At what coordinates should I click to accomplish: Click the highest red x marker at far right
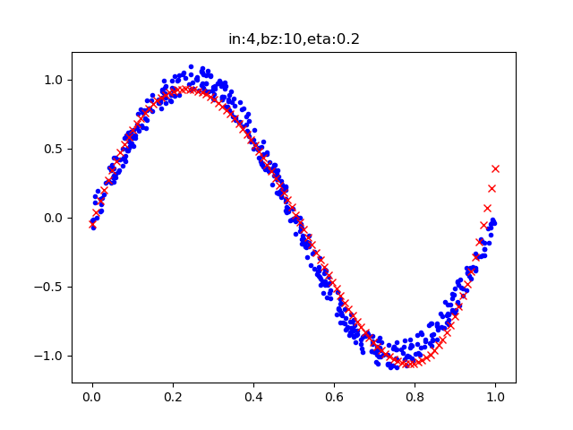pos(495,168)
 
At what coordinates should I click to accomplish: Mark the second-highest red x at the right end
pos(492,188)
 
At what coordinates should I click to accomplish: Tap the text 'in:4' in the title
pos(240,39)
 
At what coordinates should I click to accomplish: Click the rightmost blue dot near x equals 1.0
pos(493,221)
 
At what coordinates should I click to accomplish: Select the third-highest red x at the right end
pos(487,208)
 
